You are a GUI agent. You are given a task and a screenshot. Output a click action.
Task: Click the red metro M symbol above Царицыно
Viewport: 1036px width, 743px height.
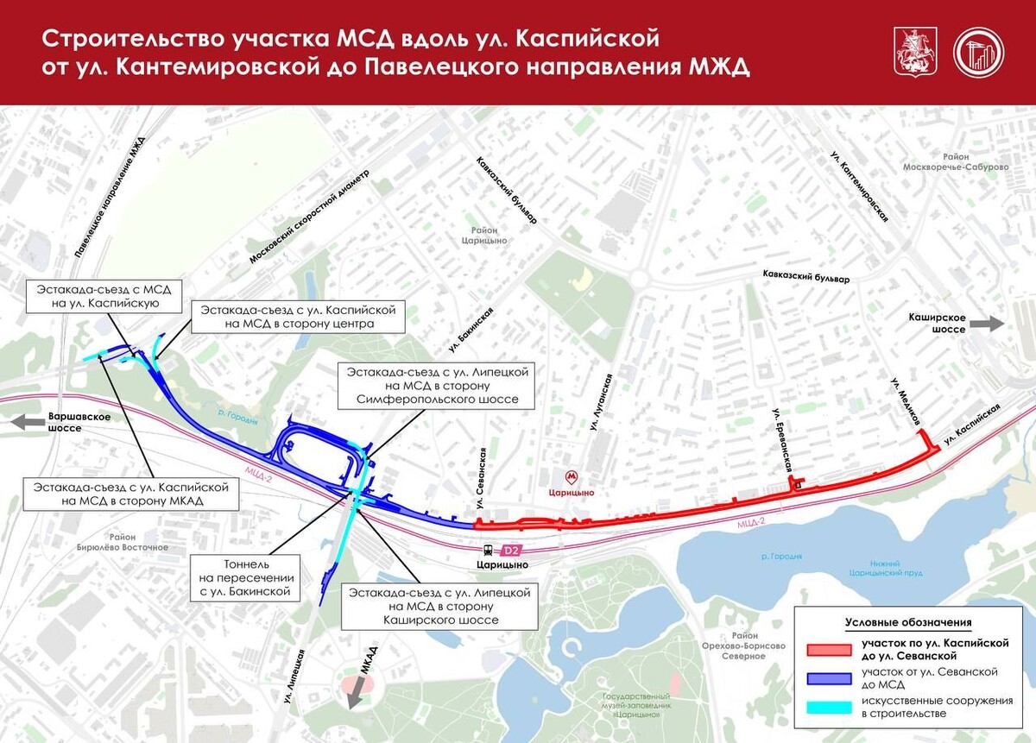[x=570, y=477]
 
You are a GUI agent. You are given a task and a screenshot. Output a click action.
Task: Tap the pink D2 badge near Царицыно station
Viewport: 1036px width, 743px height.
[x=511, y=549]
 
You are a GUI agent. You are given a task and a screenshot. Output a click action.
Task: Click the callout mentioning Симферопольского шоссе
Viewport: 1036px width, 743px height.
[x=437, y=386]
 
